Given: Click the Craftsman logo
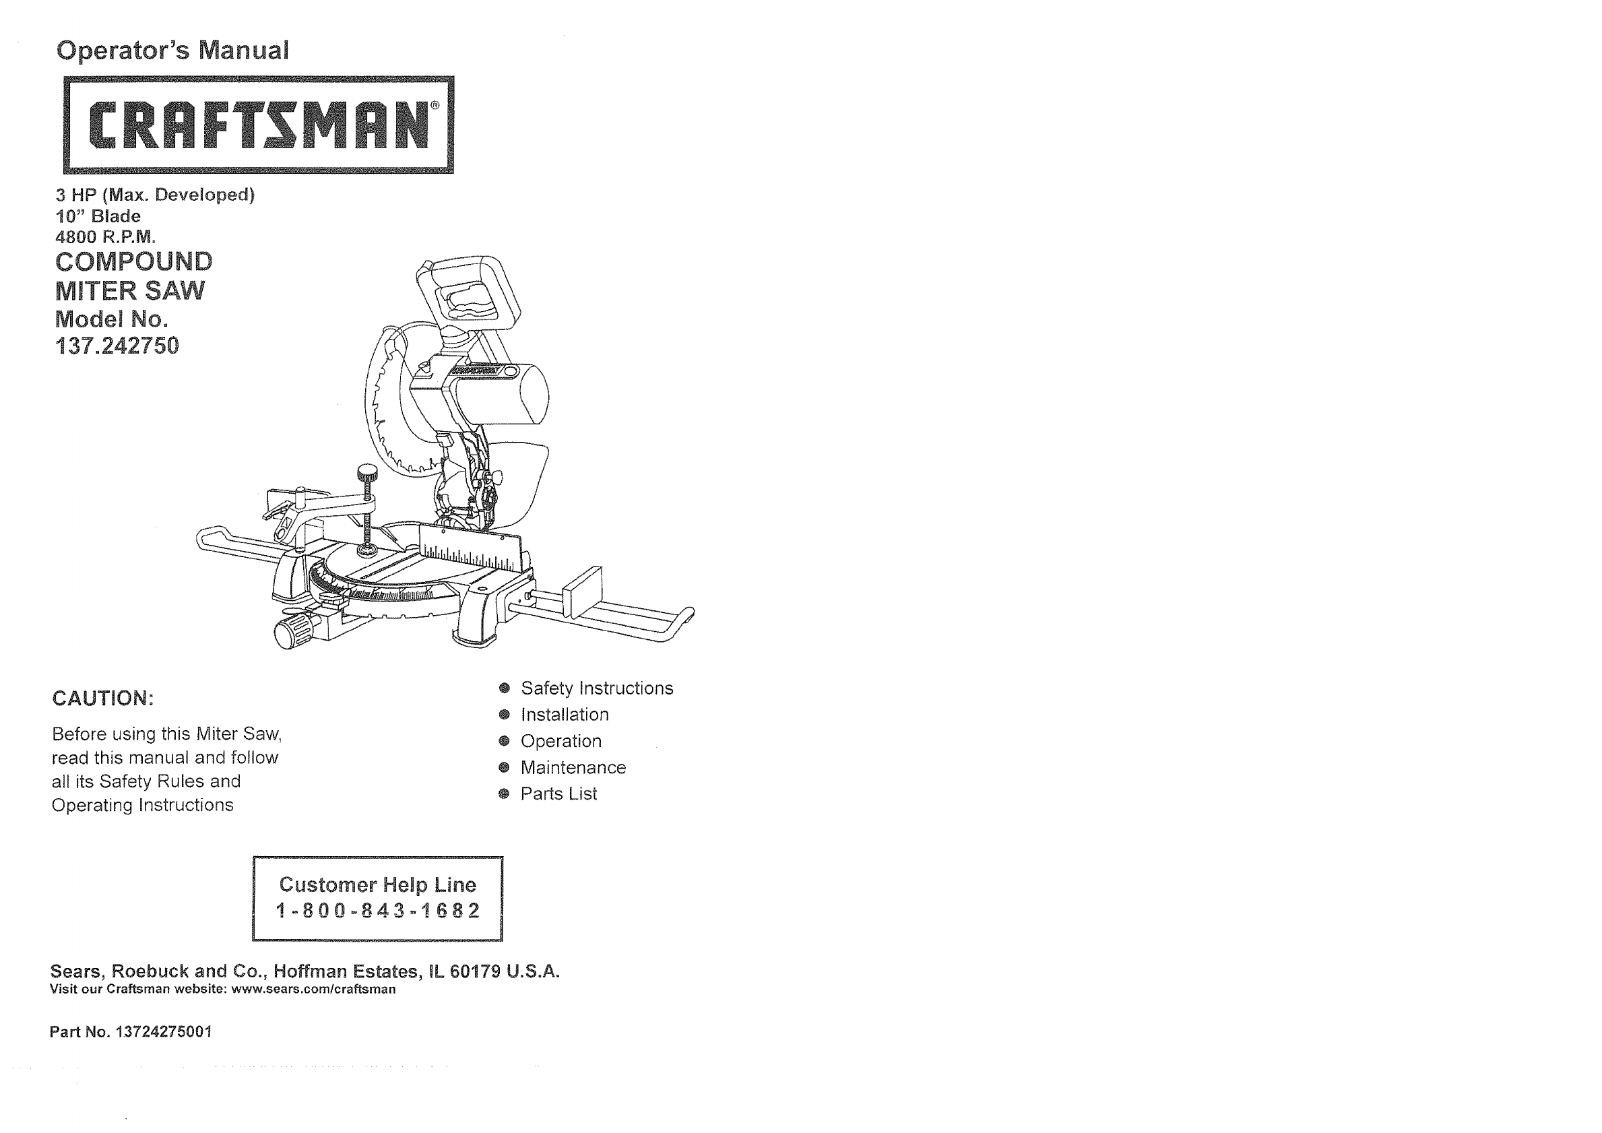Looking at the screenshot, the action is coord(259,124).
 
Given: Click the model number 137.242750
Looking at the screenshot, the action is coord(117,346).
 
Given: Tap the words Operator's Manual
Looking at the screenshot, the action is coord(172,51).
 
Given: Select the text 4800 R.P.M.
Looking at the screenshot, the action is coord(105,237).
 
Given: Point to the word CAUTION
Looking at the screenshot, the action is coord(102,699).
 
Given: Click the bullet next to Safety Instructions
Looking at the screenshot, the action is coord(505,688).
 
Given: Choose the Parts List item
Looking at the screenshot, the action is coord(558,794).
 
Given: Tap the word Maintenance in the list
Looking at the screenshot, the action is coord(573,767).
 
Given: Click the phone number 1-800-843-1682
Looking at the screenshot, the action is coord(378,911).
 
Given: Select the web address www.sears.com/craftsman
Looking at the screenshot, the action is coord(313,990).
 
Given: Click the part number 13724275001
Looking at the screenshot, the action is coord(164,1032).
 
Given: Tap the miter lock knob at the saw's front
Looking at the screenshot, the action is coord(288,631).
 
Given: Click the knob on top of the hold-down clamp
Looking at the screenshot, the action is coord(366,474).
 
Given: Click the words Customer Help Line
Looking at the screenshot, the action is coord(377,884).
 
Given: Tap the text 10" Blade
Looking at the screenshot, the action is coord(98,216).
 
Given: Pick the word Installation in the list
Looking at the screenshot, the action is coord(565,715).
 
